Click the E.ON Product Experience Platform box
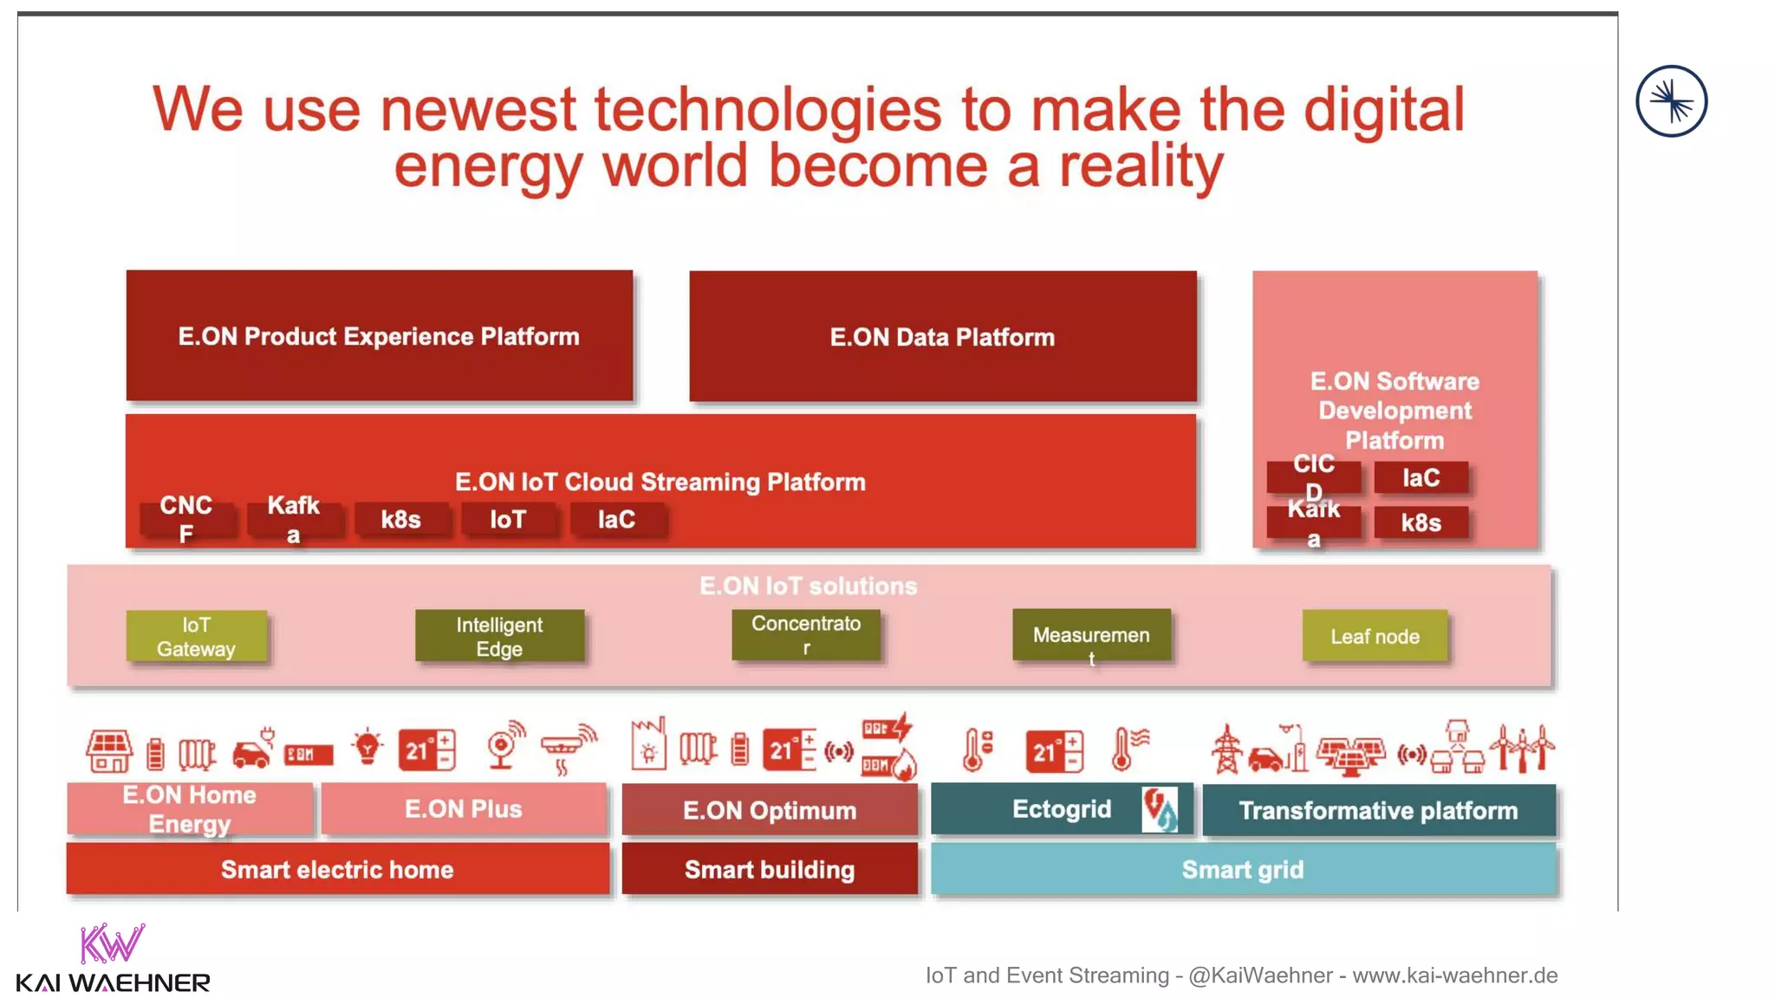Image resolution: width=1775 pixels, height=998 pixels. [x=379, y=336]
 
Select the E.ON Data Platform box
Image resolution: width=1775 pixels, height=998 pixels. [x=942, y=336]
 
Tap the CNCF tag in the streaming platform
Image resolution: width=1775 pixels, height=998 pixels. [x=186, y=519]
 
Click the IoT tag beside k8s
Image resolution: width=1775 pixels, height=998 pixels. [x=508, y=520]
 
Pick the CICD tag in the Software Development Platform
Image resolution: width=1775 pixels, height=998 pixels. [x=1313, y=476]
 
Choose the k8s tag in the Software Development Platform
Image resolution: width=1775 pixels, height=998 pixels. [x=1421, y=522]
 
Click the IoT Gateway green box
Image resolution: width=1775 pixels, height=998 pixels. [x=196, y=637]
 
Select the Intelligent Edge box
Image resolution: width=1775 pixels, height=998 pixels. [x=499, y=637]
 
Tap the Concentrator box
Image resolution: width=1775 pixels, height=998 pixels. [x=806, y=635]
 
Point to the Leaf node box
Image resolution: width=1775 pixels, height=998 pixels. [x=1375, y=637]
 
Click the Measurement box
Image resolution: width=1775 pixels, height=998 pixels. [x=1091, y=636]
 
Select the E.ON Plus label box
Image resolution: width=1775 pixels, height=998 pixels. [x=464, y=809]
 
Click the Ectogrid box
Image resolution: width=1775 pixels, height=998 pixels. [x=1061, y=809]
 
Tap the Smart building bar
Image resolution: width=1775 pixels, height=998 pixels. [x=770, y=869]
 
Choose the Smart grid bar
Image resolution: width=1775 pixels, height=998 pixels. [x=1243, y=869]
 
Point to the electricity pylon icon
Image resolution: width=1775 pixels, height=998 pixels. [x=1226, y=749]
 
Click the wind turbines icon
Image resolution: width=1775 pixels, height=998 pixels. [x=1523, y=748]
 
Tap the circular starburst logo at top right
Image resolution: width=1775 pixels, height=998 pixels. [x=1671, y=101]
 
